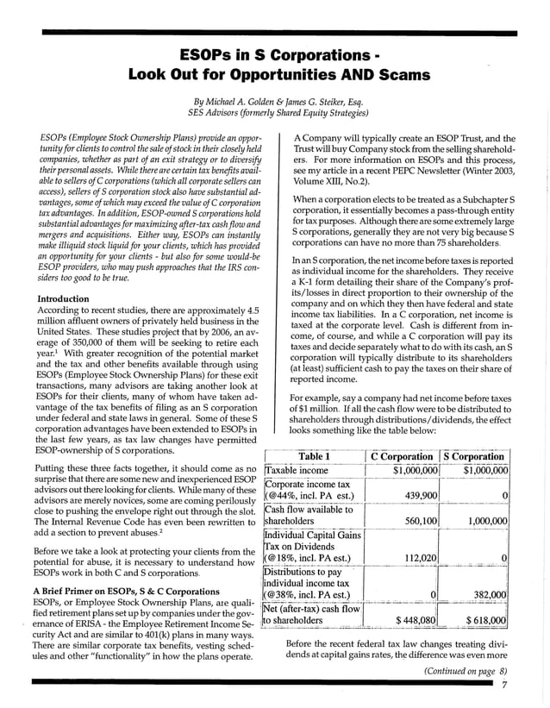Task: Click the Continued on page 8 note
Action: pos(464,670)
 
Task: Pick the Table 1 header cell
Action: pos(314,456)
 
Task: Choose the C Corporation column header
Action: pos(402,456)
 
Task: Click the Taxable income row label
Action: pos(296,470)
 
